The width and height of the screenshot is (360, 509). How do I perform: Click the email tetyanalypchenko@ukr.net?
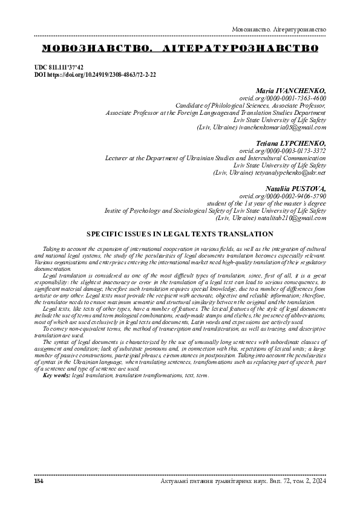point(292,172)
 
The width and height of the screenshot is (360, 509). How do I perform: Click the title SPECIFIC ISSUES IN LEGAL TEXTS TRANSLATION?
point(180,233)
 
